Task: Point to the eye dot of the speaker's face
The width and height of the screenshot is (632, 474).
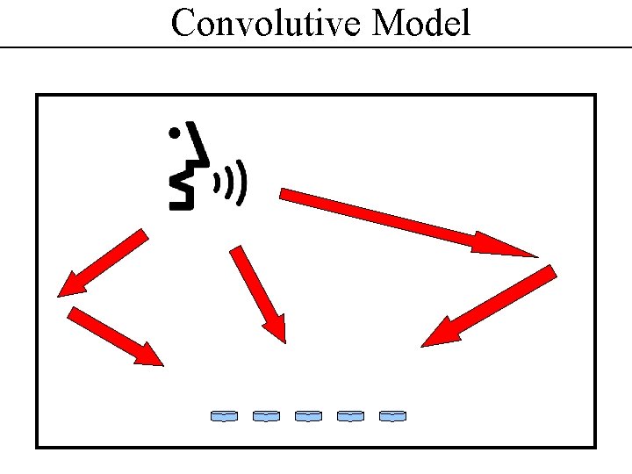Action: (x=175, y=134)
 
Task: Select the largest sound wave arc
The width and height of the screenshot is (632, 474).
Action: (x=242, y=183)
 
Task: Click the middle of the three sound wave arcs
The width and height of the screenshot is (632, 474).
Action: (x=229, y=183)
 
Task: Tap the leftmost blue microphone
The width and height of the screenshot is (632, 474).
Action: (x=224, y=415)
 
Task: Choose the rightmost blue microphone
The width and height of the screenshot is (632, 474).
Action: (x=392, y=415)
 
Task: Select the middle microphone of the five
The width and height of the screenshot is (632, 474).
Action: (x=308, y=415)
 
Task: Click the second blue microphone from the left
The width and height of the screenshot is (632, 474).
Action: (x=266, y=415)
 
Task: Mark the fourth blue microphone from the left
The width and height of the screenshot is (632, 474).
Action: (x=350, y=415)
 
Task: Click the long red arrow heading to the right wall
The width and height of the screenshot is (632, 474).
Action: (x=395, y=219)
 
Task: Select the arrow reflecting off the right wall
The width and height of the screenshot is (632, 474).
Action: (x=487, y=307)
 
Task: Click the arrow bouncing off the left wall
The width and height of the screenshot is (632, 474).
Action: (x=114, y=335)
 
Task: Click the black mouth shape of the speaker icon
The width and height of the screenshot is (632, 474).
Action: (x=182, y=189)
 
